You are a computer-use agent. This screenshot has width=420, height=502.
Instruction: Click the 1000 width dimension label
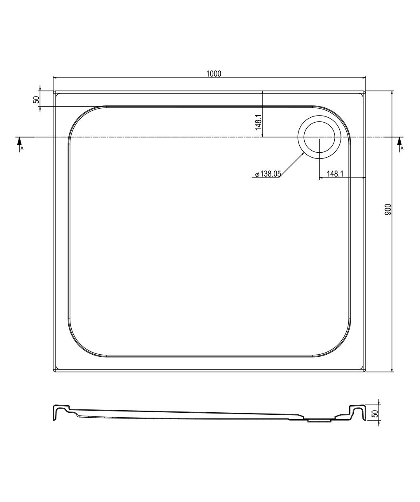[214, 74]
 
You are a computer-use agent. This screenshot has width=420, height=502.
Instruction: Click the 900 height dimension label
[388, 209]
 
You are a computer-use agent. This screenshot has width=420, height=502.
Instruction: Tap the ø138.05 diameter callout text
[268, 174]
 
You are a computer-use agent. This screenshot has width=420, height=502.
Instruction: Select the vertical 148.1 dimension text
[258, 122]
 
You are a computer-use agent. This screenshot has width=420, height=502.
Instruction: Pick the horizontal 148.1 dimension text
[335, 174]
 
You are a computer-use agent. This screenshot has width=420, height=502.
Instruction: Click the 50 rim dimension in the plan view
[36, 100]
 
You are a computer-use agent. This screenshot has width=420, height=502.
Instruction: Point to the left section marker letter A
[22, 149]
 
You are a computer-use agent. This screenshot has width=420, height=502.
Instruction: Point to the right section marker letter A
[402, 149]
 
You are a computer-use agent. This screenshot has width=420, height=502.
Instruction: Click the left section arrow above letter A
[19, 144]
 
